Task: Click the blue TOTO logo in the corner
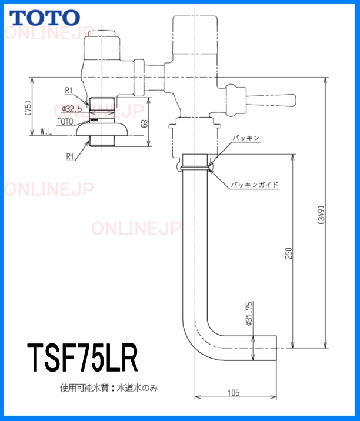tap(43, 17)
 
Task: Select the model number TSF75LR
tap(83, 359)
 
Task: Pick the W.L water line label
tap(47, 133)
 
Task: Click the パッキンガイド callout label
tap(254, 184)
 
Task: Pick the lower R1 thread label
tap(69, 158)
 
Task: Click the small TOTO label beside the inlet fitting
tap(65, 121)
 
